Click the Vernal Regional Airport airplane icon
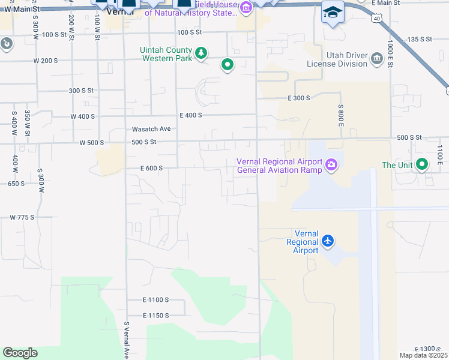click(x=327, y=241)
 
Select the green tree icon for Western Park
click(x=201, y=53)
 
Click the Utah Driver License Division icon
click(x=376, y=58)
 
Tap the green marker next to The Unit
click(x=422, y=164)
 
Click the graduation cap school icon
click(x=332, y=13)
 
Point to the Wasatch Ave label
click(x=151, y=129)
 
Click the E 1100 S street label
click(x=155, y=299)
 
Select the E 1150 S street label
click(x=155, y=315)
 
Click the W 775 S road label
click(x=23, y=217)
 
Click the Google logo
click(x=20, y=353)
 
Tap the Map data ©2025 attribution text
click(x=419, y=355)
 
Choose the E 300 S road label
click(x=298, y=98)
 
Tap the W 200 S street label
click(x=46, y=61)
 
